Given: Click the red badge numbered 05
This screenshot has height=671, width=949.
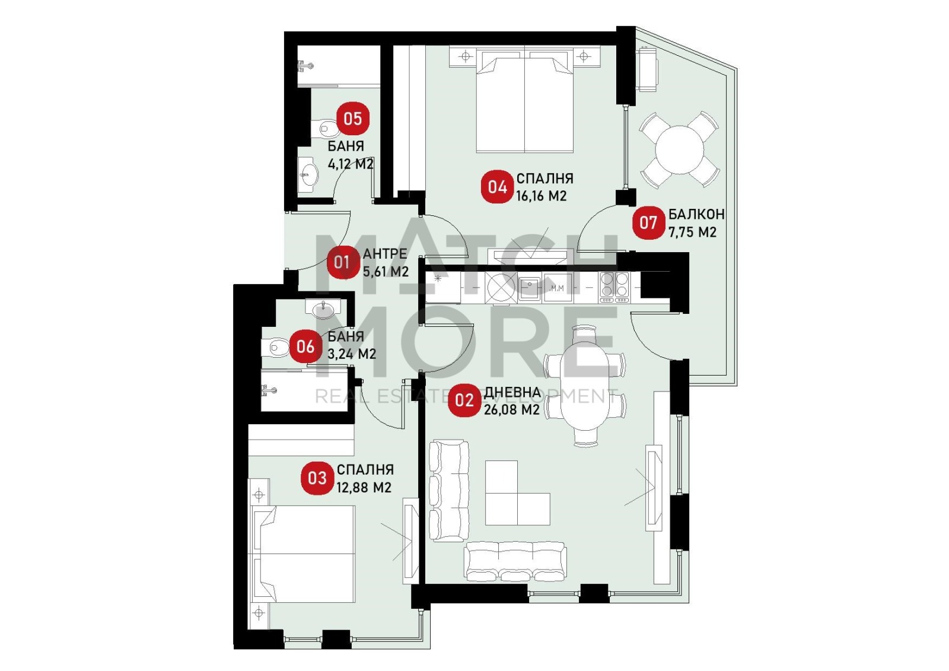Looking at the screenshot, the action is [x=353, y=119].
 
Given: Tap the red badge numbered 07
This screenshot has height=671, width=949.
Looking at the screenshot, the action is [x=648, y=222].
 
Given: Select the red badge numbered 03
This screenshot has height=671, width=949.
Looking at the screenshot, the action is [x=317, y=478].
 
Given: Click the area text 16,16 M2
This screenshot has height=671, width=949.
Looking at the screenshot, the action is [x=541, y=196].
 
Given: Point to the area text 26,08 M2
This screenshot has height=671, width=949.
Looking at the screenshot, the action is [x=511, y=409].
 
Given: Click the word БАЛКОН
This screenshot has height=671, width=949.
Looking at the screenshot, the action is [x=696, y=215].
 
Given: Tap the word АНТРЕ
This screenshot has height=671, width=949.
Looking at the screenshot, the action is [x=385, y=253].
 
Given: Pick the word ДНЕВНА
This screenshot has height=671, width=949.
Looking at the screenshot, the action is [x=512, y=392].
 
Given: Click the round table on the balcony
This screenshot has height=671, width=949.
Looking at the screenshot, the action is [x=680, y=150].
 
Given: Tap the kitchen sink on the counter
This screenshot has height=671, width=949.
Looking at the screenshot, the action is [x=529, y=288].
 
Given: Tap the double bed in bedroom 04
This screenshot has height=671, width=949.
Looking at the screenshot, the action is [x=524, y=99].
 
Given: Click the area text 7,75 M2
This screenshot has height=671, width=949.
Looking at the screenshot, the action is [x=692, y=232].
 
